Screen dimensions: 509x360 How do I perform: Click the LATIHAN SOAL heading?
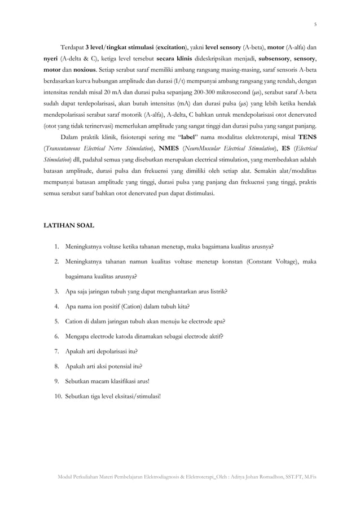(x=69, y=226)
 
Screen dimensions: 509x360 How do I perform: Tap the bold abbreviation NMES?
(x=170, y=148)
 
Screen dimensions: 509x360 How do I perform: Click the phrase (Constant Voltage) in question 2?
(x=273, y=261)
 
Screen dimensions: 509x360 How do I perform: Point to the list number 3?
(x=58, y=291)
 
